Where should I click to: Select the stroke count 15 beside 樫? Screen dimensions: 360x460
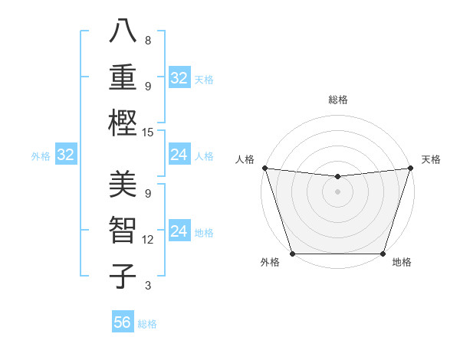[x=148, y=133]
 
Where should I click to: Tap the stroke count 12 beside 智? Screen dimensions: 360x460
[x=148, y=240]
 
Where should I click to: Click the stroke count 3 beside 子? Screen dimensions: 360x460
[x=147, y=286]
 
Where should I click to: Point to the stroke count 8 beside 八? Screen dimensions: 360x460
[x=147, y=41]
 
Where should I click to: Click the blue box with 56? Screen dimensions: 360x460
[x=123, y=322]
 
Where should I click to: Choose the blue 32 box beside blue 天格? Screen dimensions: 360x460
[x=179, y=77]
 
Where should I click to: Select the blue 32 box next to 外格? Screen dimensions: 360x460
[x=65, y=155]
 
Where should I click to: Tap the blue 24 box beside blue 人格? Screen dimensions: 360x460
[x=179, y=155]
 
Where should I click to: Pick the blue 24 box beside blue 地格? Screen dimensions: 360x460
[x=179, y=231]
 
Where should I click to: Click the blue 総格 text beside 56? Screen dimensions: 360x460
[x=147, y=324]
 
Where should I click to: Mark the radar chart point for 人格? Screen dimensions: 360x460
[x=264, y=168]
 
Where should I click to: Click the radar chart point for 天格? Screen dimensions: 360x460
[x=410, y=168]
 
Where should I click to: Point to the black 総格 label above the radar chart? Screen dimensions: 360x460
[x=337, y=100]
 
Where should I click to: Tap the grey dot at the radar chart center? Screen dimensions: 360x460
[x=337, y=191]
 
